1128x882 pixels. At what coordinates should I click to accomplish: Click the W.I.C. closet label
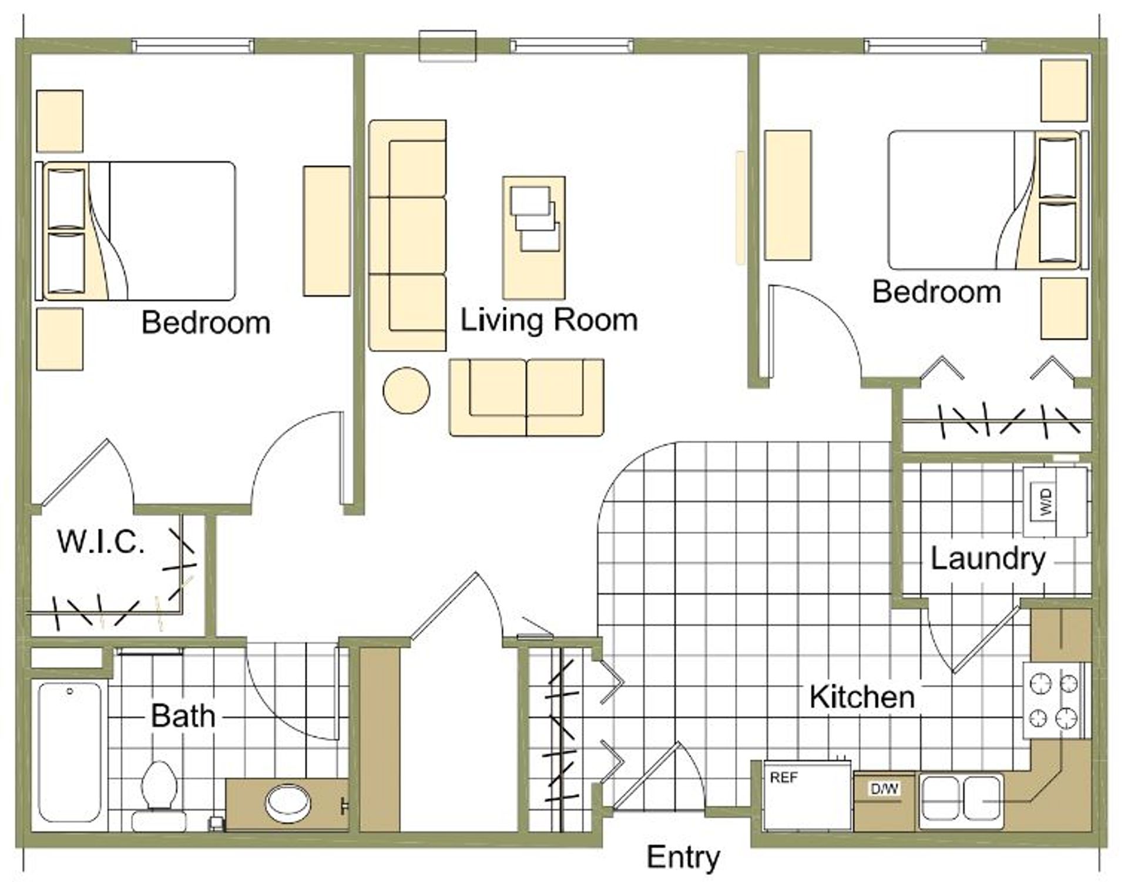click(x=101, y=542)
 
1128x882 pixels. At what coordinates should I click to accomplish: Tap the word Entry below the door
click(x=683, y=858)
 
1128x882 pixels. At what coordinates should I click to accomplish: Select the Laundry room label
click(x=988, y=559)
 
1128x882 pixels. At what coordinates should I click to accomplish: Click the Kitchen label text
click(x=862, y=697)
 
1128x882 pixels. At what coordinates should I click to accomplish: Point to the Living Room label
click(x=549, y=320)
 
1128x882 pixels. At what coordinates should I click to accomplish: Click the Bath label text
click(x=183, y=716)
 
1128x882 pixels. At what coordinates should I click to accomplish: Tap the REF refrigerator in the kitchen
click(x=807, y=795)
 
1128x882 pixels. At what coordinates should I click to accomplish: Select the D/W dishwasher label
click(x=884, y=789)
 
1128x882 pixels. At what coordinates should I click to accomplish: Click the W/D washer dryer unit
click(x=1055, y=502)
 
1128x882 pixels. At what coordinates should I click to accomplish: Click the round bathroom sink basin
click(x=288, y=803)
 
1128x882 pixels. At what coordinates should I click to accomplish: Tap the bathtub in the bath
click(x=70, y=751)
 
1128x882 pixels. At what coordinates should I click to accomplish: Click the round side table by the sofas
click(x=406, y=390)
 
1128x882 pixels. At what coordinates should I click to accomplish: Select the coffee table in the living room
click(x=533, y=238)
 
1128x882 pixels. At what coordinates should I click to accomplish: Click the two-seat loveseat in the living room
click(x=526, y=397)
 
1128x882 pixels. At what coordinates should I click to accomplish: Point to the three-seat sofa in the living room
click(x=407, y=236)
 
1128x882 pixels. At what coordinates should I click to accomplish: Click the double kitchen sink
click(x=961, y=799)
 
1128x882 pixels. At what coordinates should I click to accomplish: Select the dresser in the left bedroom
click(x=327, y=231)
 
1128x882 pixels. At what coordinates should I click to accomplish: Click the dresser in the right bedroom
click(x=788, y=195)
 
